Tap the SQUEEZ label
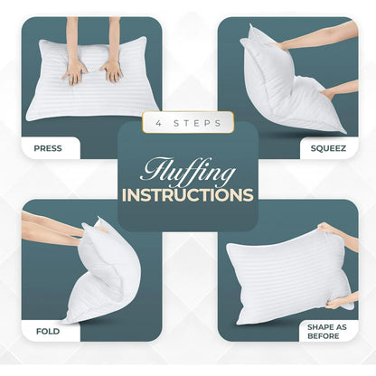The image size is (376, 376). pyautogui.click(x=327, y=145)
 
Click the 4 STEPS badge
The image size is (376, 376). pyautogui.click(x=187, y=122)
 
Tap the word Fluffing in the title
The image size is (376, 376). pyautogui.click(x=187, y=170)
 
